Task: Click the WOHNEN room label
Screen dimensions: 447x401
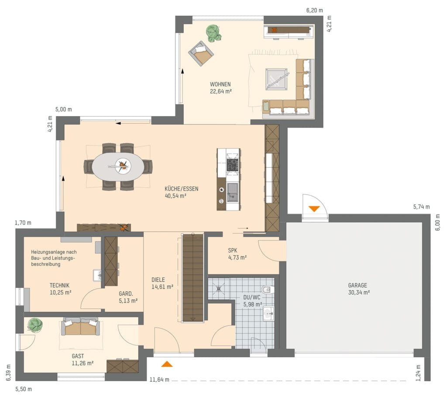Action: coord(220,84)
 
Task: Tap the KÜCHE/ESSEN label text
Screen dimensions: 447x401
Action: coord(181,189)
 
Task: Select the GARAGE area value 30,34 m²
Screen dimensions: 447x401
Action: coord(359,292)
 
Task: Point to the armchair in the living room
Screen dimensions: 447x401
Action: coord(201,53)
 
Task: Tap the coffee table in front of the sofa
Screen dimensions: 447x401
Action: coord(276,80)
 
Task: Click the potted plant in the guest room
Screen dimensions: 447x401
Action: coord(35,325)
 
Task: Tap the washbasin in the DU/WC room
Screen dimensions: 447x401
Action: coord(268,314)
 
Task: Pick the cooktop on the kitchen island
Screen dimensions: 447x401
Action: coord(232,165)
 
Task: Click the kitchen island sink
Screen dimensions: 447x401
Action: coord(233,193)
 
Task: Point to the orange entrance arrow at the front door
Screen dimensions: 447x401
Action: coord(167,364)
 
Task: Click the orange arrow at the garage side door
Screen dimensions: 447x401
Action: coord(314,209)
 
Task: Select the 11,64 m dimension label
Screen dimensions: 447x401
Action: coord(159,380)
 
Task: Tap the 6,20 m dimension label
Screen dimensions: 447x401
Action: coord(315,10)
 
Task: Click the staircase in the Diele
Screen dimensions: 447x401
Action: coord(193,278)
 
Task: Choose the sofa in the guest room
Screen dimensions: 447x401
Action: coord(81,326)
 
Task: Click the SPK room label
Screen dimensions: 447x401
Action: coord(233,250)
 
